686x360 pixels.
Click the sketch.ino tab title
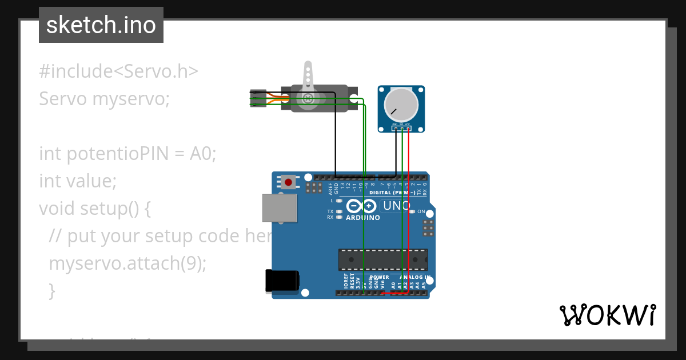coord(101,25)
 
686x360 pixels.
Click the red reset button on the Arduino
coord(288,183)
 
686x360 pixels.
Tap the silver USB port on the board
coord(279,207)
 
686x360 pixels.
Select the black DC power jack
coord(282,281)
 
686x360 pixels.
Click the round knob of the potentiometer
coord(401,105)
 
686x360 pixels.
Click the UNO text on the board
coord(396,206)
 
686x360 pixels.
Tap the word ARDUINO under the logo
coord(362,218)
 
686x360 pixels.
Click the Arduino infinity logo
coord(362,206)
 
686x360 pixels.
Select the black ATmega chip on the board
coord(382,259)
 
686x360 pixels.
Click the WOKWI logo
coord(607,315)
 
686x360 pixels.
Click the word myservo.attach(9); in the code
coord(127,263)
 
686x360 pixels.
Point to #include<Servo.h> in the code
coord(119,71)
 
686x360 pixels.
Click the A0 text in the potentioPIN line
coord(201,154)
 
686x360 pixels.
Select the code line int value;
coord(78,181)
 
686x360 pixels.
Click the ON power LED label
coord(421,211)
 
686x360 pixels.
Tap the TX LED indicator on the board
coord(339,211)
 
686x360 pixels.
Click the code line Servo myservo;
coord(105,99)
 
